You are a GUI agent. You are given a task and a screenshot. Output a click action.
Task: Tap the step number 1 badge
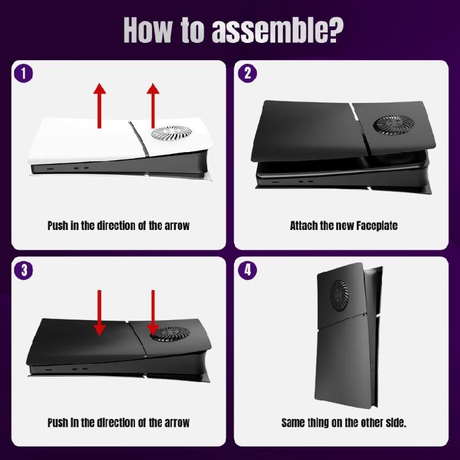coord(23,74)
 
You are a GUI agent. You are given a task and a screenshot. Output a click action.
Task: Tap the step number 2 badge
coord(247,74)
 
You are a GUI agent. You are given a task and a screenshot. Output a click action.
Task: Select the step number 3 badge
coord(23,270)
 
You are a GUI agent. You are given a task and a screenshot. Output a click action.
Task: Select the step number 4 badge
coord(247,270)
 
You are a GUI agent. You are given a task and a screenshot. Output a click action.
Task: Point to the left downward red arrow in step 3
coord(99,313)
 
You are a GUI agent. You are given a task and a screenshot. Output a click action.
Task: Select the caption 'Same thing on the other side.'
coord(343,423)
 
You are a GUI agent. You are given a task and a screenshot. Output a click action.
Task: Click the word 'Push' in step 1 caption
coord(59,226)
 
